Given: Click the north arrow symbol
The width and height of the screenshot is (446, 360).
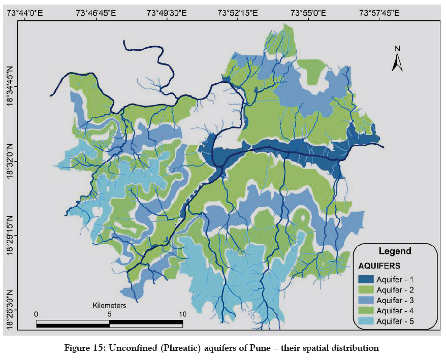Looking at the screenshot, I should click(398, 59).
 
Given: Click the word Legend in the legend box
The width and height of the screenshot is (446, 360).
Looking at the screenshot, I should click(395, 251).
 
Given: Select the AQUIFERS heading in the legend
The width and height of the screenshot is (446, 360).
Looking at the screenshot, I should click(380, 266).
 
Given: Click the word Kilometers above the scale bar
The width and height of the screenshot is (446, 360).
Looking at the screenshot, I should click(109, 306).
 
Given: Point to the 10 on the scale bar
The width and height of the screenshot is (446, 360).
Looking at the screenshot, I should click(182, 314).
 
